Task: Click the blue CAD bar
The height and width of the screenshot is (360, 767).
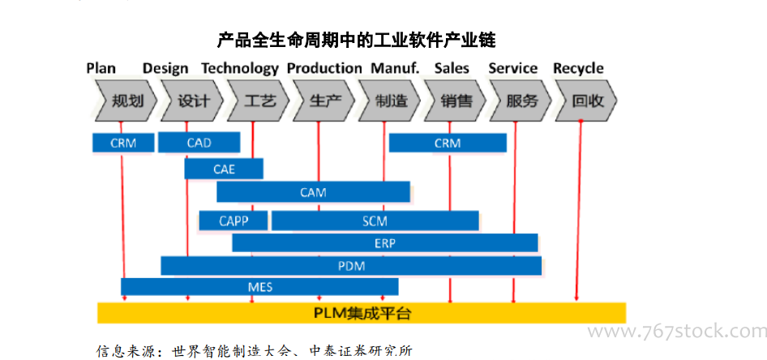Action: click(199, 143)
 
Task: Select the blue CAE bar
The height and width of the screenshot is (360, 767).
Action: click(224, 169)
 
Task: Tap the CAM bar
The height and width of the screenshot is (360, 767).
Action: click(313, 191)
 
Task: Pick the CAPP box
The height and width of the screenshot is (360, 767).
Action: click(234, 221)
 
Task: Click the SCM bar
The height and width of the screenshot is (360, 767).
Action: click(375, 221)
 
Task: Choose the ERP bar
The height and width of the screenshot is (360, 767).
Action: click(385, 243)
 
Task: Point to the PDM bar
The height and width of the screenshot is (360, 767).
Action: click(351, 266)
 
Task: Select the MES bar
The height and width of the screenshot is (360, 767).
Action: click(259, 287)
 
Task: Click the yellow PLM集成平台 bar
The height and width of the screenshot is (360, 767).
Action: click(362, 313)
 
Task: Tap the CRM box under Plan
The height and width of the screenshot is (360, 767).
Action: click(123, 143)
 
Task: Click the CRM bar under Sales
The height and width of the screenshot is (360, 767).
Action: click(448, 143)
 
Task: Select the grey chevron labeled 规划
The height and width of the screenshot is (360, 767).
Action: click(126, 101)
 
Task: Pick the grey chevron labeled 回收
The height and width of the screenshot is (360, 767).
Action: click(586, 101)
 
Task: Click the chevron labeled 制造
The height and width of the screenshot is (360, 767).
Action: click(389, 101)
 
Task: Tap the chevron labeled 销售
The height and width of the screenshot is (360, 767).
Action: click(455, 101)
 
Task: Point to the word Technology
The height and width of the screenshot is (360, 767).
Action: click(240, 68)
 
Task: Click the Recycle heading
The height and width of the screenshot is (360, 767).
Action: click(578, 68)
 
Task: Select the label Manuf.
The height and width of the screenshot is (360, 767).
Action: click(395, 68)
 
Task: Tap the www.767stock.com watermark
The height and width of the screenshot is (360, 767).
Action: click(677, 332)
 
